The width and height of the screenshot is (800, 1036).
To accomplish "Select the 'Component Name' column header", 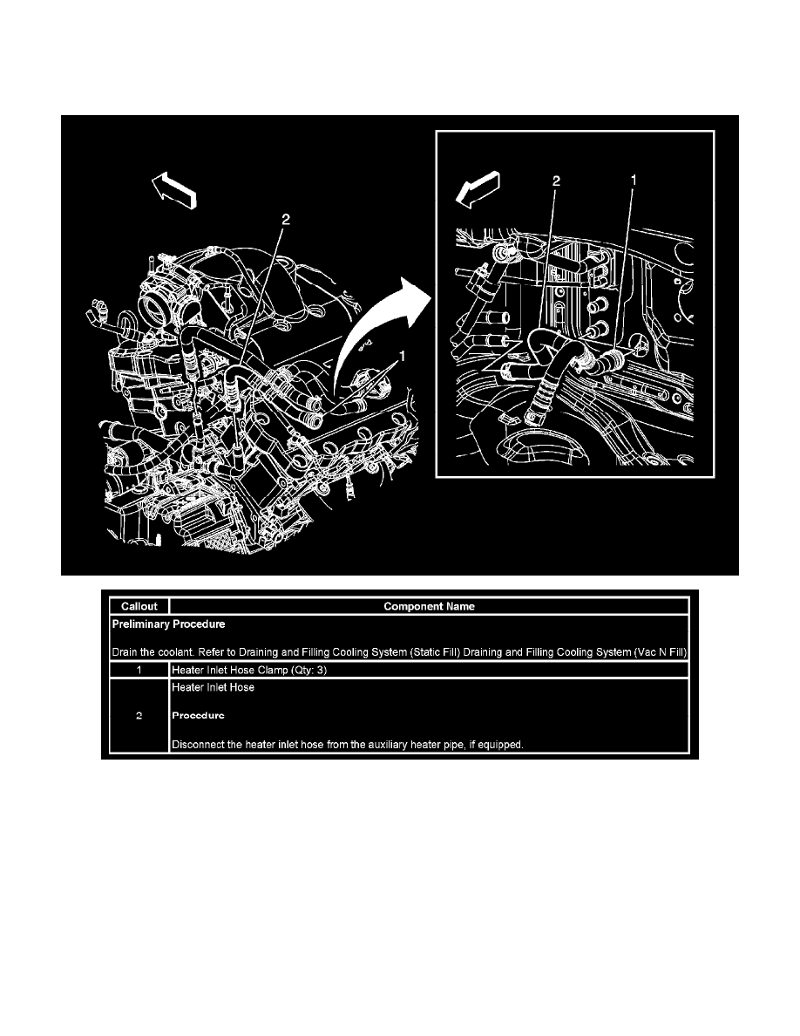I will pos(429,606).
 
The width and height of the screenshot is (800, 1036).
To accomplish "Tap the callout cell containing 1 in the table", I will pos(139,670).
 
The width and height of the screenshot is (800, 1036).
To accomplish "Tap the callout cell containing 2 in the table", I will pos(139,715).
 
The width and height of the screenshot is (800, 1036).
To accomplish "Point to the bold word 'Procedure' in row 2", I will pos(198,715).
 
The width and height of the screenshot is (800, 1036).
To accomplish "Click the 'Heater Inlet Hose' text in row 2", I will pos(213,687).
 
